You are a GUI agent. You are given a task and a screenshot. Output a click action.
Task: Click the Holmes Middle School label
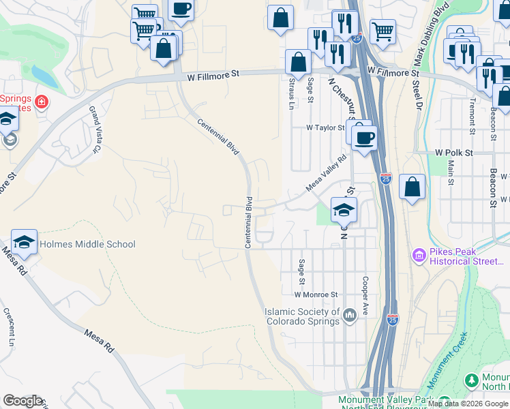88,244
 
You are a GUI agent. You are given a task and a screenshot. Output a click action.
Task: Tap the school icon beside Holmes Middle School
24,242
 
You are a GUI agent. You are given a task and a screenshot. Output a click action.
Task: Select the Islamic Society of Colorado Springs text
302,316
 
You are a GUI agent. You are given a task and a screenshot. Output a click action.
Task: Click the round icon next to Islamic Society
350,314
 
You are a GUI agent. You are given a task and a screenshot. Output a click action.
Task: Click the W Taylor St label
325,127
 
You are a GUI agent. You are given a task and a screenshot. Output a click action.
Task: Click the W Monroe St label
316,294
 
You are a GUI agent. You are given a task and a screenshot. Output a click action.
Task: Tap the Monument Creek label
449,359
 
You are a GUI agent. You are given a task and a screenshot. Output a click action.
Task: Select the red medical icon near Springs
42,102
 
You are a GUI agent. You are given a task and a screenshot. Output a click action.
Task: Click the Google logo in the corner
22,401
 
